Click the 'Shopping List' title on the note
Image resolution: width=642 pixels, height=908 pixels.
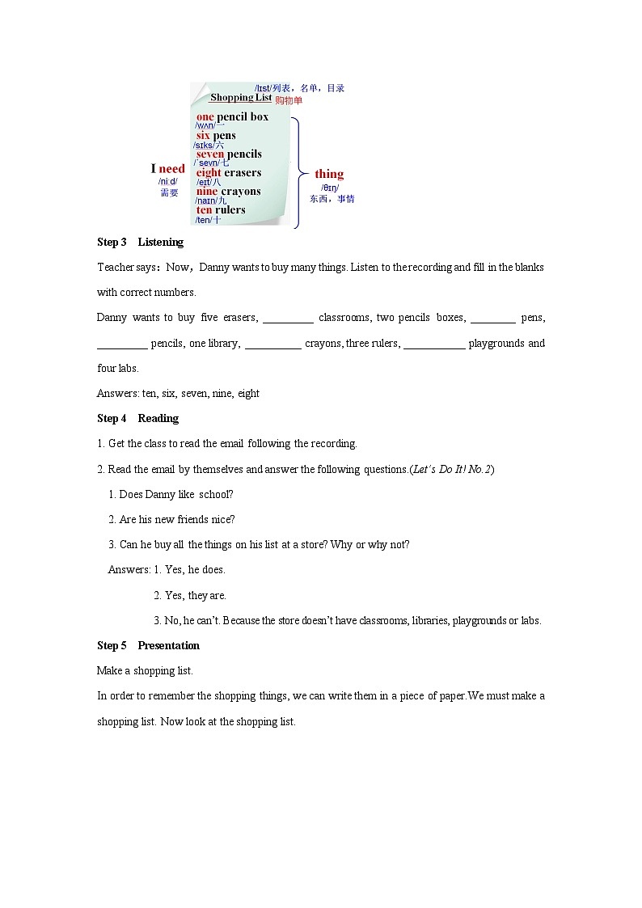pos(240,97)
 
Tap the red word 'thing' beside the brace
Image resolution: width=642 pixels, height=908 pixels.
pos(329,174)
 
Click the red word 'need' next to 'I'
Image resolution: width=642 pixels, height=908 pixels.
pos(172,169)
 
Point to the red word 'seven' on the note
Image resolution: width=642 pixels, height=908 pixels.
pos(210,154)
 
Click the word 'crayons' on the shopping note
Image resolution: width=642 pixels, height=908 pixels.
pos(241,192)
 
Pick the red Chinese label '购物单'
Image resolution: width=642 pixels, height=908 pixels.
pos(289,100)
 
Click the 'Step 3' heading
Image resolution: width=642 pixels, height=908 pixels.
pos(112,242)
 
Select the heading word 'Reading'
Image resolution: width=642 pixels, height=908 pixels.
pos(158,418)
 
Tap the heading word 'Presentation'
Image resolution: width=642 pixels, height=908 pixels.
pos(168,645)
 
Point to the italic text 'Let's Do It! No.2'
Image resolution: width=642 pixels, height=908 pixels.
pos(451,469)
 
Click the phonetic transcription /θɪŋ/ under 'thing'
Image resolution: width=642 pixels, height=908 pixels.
pos(330,188)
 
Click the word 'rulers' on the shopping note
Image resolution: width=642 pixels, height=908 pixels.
pos(230,210)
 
